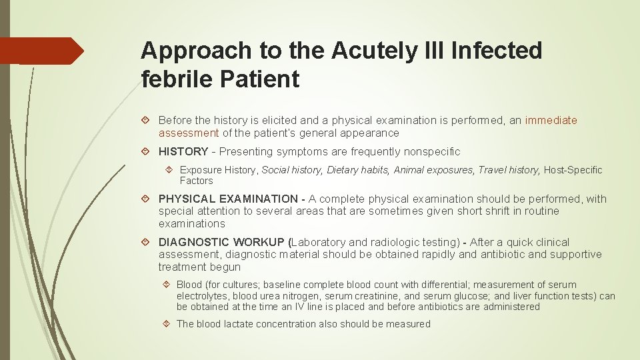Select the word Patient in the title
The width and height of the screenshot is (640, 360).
click(267, 79)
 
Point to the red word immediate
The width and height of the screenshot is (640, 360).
click(551, 121)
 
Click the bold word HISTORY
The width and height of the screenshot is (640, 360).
click(183, 151)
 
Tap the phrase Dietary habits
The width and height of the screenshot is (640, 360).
click(358, 170)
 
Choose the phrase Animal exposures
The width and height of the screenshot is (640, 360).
click(433, 170)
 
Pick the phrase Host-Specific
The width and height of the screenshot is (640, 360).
click(573, 170)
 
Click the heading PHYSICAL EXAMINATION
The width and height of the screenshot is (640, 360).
click(228, 199)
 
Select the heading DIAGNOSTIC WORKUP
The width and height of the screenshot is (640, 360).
click(221, 242)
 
